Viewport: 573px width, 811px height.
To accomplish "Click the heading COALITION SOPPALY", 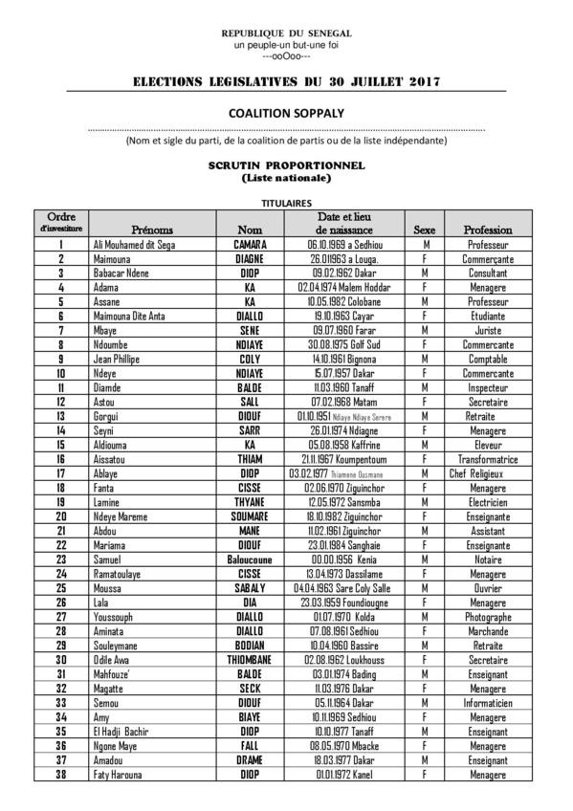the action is click(x=286, y=113).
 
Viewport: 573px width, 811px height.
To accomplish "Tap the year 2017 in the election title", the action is click(x=417, y=82).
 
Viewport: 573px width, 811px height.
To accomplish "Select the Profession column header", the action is click(x=487, y=230).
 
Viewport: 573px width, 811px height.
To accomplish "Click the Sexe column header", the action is click(x=423, y=230).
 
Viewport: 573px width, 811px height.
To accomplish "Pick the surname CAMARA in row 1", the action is click(x=250, y=244).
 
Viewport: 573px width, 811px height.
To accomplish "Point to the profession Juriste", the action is click(x=487, y=330).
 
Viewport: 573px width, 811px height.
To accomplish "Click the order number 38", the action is click(x=61, y=775).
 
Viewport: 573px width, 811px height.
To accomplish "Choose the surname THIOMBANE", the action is click(x=250, y=660).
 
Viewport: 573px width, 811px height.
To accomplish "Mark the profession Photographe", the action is click(x=487, y=617).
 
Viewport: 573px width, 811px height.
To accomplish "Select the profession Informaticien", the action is click(x=487, y=703).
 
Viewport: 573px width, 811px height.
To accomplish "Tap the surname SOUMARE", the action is click(x=250, y=516).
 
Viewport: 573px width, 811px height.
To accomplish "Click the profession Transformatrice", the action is click(x=487, y=459).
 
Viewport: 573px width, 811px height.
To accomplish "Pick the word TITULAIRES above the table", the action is click(x=286, y=204).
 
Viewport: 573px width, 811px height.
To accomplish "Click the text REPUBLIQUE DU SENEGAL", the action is click(x=286, y=33).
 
